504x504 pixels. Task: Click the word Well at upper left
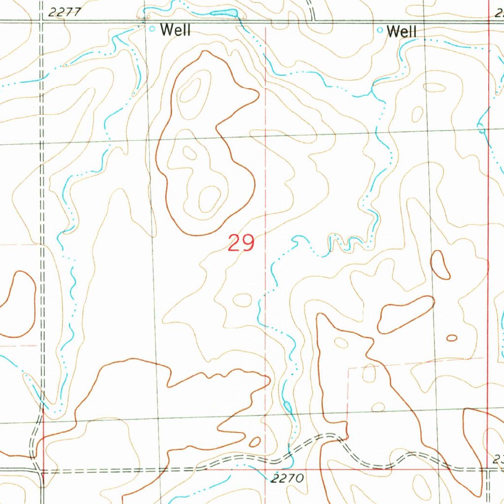(x=175, y=30)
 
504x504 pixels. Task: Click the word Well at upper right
(x=402, y=32)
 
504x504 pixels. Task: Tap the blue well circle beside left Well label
(x=152, y=29)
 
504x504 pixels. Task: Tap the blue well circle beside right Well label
(x=379, y=30)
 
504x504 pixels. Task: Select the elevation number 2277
(x=65, y=13)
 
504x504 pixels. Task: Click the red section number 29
(x=241, y=243)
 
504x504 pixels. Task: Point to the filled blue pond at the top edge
(x=224, y=13)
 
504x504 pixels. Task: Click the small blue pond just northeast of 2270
(x=287, y=406)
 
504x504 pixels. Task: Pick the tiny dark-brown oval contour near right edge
(x=451, y=338)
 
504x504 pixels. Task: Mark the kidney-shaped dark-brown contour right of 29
(x=441, y=265)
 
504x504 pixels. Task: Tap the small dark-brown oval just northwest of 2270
(x=255, y=441)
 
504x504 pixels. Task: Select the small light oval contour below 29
(x=242, y=300)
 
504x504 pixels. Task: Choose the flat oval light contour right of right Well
(x=434, y=88)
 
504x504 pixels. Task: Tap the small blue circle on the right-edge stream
(x=481, y=129)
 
